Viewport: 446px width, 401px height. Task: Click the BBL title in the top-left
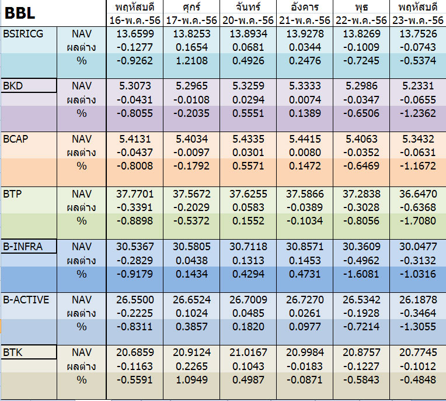20,13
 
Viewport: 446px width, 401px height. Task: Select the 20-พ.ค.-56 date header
248,20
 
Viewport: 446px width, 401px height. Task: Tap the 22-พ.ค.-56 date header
361,20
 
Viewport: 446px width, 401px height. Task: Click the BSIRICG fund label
23,34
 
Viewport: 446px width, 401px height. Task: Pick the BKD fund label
13,86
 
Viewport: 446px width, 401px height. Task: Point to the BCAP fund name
16,139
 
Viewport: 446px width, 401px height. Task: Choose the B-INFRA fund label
23,247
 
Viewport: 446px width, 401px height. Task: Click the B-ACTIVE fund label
26,300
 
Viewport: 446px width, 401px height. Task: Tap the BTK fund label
12,353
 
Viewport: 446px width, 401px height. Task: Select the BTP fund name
12,194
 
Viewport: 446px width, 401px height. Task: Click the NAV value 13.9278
305,34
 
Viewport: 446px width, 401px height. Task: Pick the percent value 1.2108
191,61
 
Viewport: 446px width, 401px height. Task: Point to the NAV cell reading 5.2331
418,86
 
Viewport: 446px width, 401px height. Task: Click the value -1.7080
418,221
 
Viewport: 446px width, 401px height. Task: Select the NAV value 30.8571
305,247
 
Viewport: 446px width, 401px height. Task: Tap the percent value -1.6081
361,274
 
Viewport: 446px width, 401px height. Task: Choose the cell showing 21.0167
248,352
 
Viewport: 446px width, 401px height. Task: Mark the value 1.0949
191,380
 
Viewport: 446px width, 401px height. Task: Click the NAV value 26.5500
135,300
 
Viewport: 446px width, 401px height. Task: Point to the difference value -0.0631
418,153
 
